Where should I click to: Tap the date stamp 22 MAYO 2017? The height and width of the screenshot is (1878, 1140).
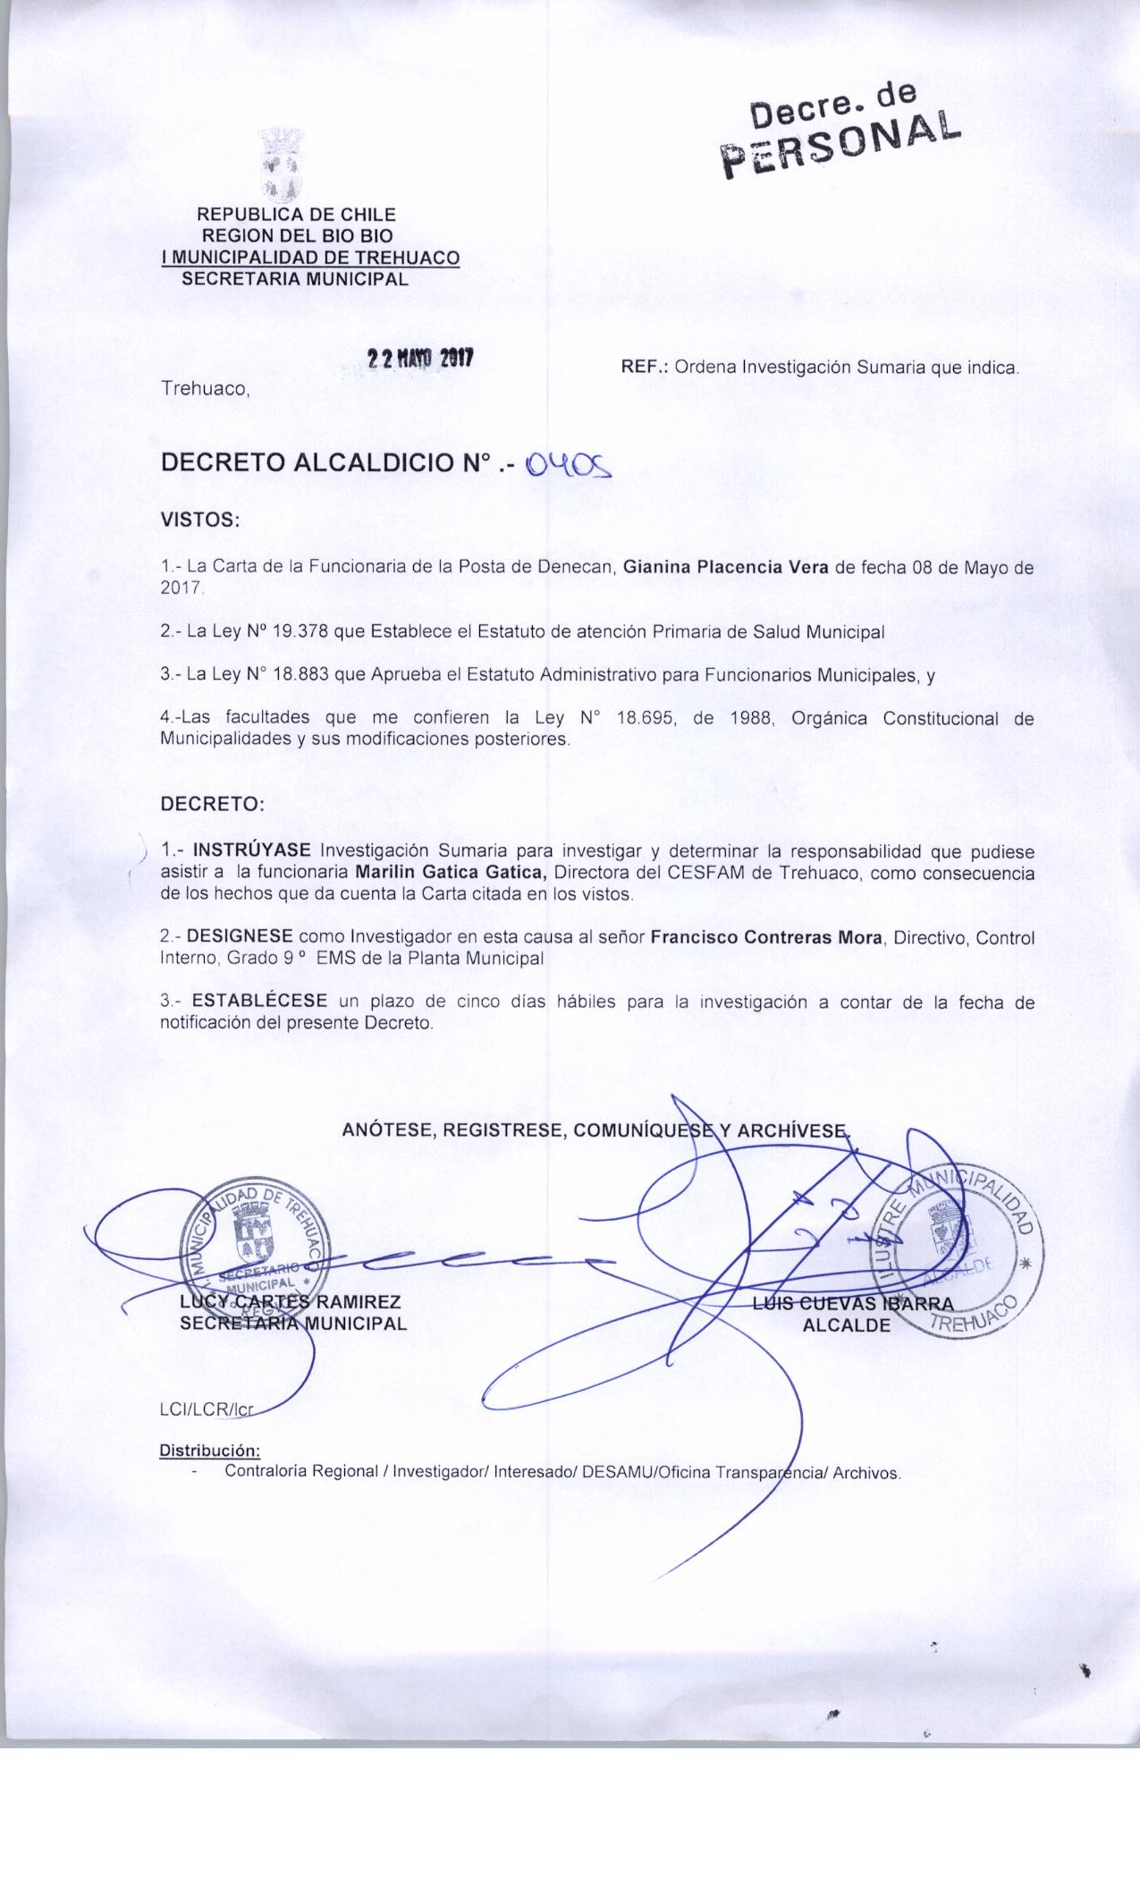coord(419,359)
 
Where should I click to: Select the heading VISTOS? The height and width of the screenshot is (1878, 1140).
coord(199,520)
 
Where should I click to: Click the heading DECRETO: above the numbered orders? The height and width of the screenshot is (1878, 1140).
coord(212,803)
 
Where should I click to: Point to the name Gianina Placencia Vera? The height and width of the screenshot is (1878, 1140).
coord(725,567)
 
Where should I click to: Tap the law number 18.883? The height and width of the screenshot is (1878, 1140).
coord(300,676)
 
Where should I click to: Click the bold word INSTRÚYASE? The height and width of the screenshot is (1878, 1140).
coord(252,848)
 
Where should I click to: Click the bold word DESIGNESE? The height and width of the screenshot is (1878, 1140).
coord(240,936)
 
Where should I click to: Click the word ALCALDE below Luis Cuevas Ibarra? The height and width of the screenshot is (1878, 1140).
coord(847,1325)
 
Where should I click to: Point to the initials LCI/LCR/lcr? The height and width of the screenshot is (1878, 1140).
coord(207,1409)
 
